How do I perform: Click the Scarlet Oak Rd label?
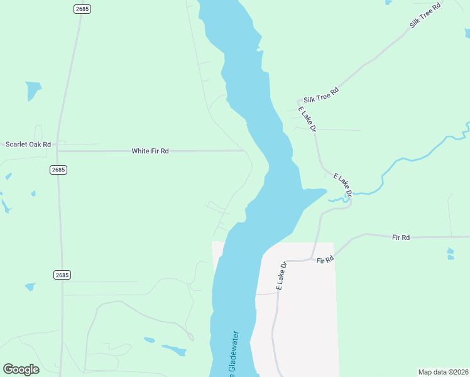click(28, 145)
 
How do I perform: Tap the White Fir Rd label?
click(150, 151)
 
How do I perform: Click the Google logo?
click(21, 369)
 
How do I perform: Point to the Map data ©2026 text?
click(443, 372)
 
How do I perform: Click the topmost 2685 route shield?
click(82, 9)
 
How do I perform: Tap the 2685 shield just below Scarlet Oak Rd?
click(58, 170)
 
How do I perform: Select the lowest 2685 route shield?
click(62, 275)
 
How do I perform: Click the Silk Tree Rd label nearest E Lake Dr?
click(321, 96)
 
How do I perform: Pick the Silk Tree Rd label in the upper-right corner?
click(426, 14)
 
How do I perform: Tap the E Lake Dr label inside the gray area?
click(281, 275)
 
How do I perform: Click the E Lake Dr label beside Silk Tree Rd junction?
click(306, 119)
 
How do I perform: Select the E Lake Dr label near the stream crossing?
click(342, 183)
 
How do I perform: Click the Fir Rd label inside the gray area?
click(324, 260)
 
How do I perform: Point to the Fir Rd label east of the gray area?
click(401, 238)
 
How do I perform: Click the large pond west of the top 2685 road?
click(33, 90)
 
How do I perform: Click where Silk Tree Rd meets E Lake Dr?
click(299, 101)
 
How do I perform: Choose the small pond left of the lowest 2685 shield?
click(30, 287)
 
